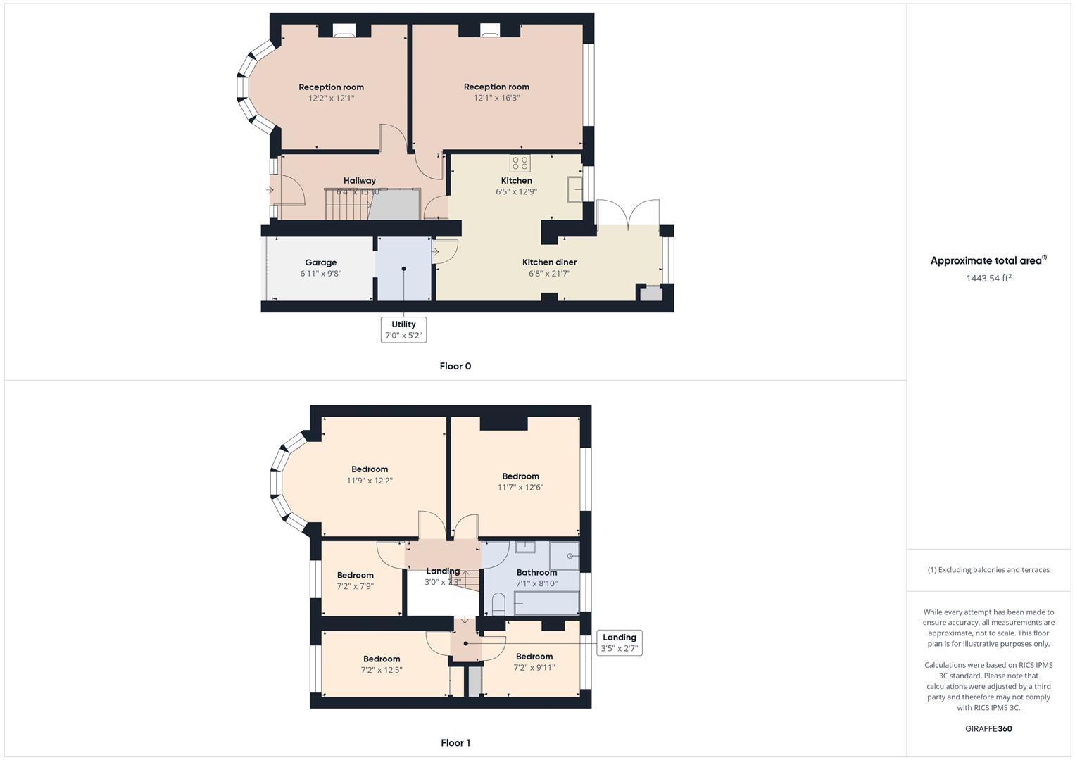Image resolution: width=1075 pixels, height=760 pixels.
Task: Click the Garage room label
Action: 320,262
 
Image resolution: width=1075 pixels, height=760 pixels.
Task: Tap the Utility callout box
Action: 403,329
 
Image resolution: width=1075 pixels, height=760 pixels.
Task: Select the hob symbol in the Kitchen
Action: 520,163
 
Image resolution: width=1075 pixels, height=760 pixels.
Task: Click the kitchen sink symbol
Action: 575,189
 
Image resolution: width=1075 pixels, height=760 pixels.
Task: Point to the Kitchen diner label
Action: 549,262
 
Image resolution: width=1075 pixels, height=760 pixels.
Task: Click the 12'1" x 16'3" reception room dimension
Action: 496,98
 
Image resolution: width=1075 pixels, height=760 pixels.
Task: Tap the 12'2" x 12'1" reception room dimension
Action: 331,99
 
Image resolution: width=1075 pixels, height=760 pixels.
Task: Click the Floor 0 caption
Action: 455,366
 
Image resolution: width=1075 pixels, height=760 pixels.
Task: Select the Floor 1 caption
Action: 455,742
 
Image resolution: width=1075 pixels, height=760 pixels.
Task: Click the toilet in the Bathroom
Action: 498,603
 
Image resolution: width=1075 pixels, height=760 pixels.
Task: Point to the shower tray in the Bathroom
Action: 564,556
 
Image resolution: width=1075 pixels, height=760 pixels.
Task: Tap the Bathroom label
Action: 536,572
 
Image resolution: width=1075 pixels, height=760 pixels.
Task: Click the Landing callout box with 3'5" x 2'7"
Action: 619,642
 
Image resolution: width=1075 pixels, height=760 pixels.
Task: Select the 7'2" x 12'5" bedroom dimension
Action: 382,671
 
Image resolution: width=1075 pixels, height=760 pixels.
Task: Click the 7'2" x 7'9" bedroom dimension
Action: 355,586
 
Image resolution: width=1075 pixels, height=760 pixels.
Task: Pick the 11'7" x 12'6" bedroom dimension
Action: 520,487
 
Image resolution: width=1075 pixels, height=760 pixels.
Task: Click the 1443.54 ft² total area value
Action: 988,278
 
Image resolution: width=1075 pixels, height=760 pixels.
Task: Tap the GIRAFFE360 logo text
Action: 988,728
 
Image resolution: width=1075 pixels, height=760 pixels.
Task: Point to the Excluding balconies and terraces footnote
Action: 988,570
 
